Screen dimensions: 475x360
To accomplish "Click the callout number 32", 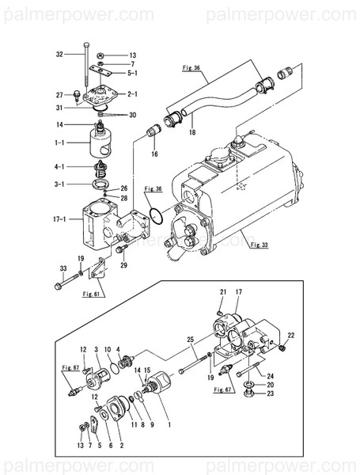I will pyautogui.click(x=59, y=55).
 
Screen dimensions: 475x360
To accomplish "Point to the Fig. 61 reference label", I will pyautogui.click(x=93, y=293).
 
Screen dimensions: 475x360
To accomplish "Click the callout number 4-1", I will pyautogui.click(x=59, y=166).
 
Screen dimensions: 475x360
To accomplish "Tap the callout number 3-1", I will pyautogui.click(x=59, y=184).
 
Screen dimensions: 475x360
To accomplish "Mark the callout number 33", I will pyautogui.click(x=63, y=270).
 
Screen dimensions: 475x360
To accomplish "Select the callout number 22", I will pyautogui.click(x=291, y=332).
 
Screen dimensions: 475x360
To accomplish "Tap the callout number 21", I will pyautogui.click(x=223, y=292).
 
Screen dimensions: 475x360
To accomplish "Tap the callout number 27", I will pyautogui.click(x=59, y=94).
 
